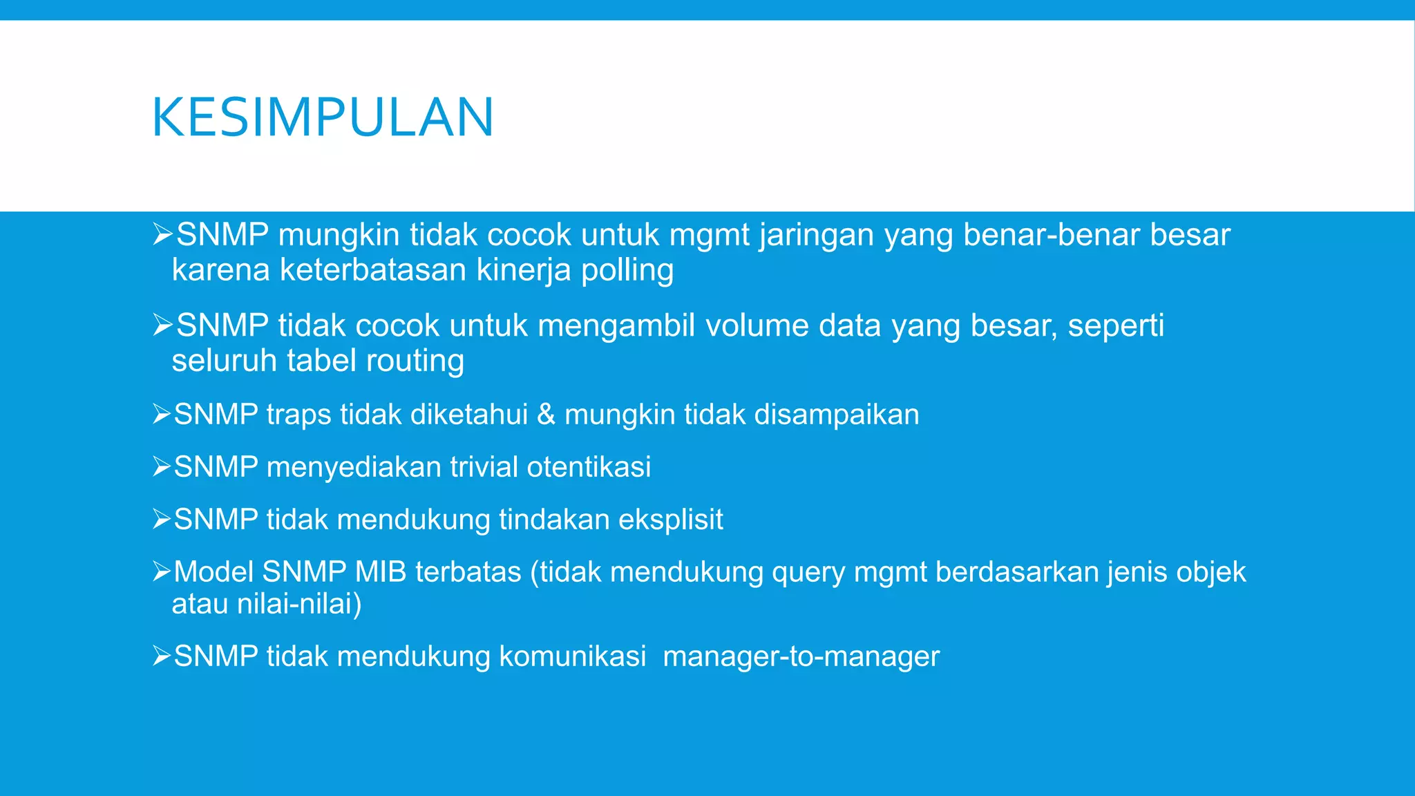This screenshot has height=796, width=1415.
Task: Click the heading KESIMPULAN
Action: pos(323,117)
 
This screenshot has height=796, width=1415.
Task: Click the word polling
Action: pos(627,270)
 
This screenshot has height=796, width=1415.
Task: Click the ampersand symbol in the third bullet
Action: pos(546,415)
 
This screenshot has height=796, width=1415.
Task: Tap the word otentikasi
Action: pos(589,467)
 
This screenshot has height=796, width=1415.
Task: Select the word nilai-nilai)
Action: pos(299,605)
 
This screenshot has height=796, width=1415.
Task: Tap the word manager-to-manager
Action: pos(801,656)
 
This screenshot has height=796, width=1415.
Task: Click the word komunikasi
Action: pos(573,656)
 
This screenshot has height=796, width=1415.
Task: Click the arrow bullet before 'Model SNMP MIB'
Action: pos(162,571)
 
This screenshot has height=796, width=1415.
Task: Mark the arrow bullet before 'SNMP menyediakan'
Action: pos(162,467)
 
